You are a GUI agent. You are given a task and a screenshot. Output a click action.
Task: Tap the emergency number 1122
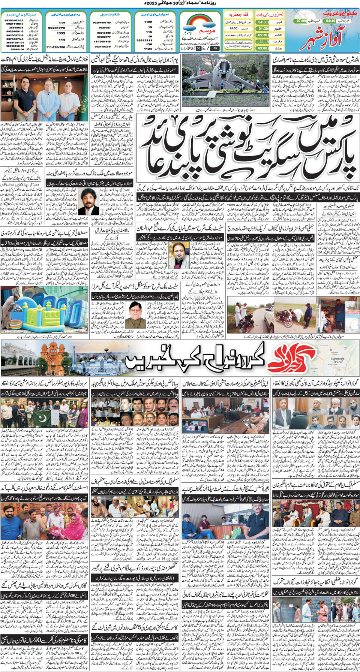148,22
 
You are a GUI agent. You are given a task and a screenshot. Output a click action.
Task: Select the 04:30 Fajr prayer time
263,22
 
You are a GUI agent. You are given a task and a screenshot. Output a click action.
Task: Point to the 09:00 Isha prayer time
263,48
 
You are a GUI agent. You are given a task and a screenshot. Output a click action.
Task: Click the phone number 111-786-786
55,48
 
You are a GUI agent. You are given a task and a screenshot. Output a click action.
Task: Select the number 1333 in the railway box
61,33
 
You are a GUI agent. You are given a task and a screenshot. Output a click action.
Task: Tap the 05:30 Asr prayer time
263,35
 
